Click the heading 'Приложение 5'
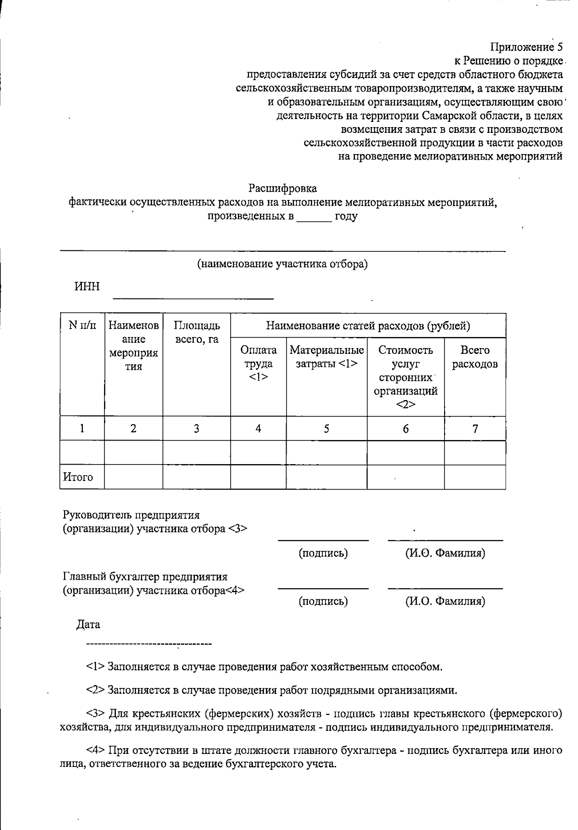[x=526, y=47]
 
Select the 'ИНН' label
[x=87, y=287]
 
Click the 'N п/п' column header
[x=82, y=326]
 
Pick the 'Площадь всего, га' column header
[x=197, y=332]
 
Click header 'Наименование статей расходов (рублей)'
[x=368, y=326]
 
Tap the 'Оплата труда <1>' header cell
[x=258, y=363]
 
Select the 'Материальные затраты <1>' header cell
[x=327, y=357]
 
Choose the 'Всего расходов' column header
[x=475, y=357]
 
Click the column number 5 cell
[x=327, y=428]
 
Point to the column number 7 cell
[x=475, y=428]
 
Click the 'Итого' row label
[x=78, y=477]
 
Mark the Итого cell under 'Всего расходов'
[x=475, y=477]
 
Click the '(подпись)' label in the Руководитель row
[x=323, y=553]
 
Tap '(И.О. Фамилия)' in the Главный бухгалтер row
[x=445, y=601]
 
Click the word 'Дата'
[x=88, y=625]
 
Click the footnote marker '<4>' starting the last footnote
[x=96, y=751]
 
